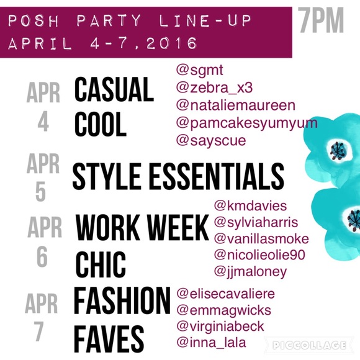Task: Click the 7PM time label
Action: (x=321, y=20)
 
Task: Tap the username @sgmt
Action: (x=199, y=70)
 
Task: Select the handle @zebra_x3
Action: (x=214, y=88)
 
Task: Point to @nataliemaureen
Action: (x=236, y=106)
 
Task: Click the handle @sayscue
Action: (x=211, y=140)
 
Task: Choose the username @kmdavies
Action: (x=250, y=205)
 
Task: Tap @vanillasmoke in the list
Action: (x=261, y=239)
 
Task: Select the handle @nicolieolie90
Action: (x=259, y=255)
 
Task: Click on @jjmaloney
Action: (x=250, y=272)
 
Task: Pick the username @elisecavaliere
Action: (x=225, y=294)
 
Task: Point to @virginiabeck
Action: (x=220, y=327)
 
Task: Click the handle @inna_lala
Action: (x=211, y=343)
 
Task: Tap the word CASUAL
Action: (x=114, y=89)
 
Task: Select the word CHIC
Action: (x=101, y=264)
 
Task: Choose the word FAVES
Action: (x=109, y=339)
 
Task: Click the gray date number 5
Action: (x=40, y=192)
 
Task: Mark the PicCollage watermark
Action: (x=309, y=345)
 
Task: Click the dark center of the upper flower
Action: (x=338, y=151)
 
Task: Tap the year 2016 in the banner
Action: (x=172, y=43)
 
